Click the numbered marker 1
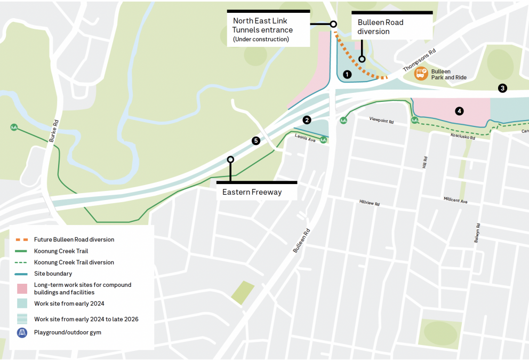click(x=347, y=75)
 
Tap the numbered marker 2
click(x=307, y=120)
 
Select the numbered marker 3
click(x=502, y=89)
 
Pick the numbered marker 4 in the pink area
click(x=459, y=111)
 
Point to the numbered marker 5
click(x=256, y=141)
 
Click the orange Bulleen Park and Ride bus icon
click(x=421, y=74)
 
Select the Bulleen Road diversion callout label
click(x=381, y=27)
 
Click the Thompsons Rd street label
click(x=419, y=60)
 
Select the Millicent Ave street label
click(x=455, y=201)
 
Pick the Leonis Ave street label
click(x=305, y=137)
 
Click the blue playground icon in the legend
click(x=22, y=332)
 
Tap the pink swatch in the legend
click(x=22, y=289)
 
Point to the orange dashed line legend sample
click(x=22, y=239)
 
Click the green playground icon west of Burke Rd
click(x=13, y=127)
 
